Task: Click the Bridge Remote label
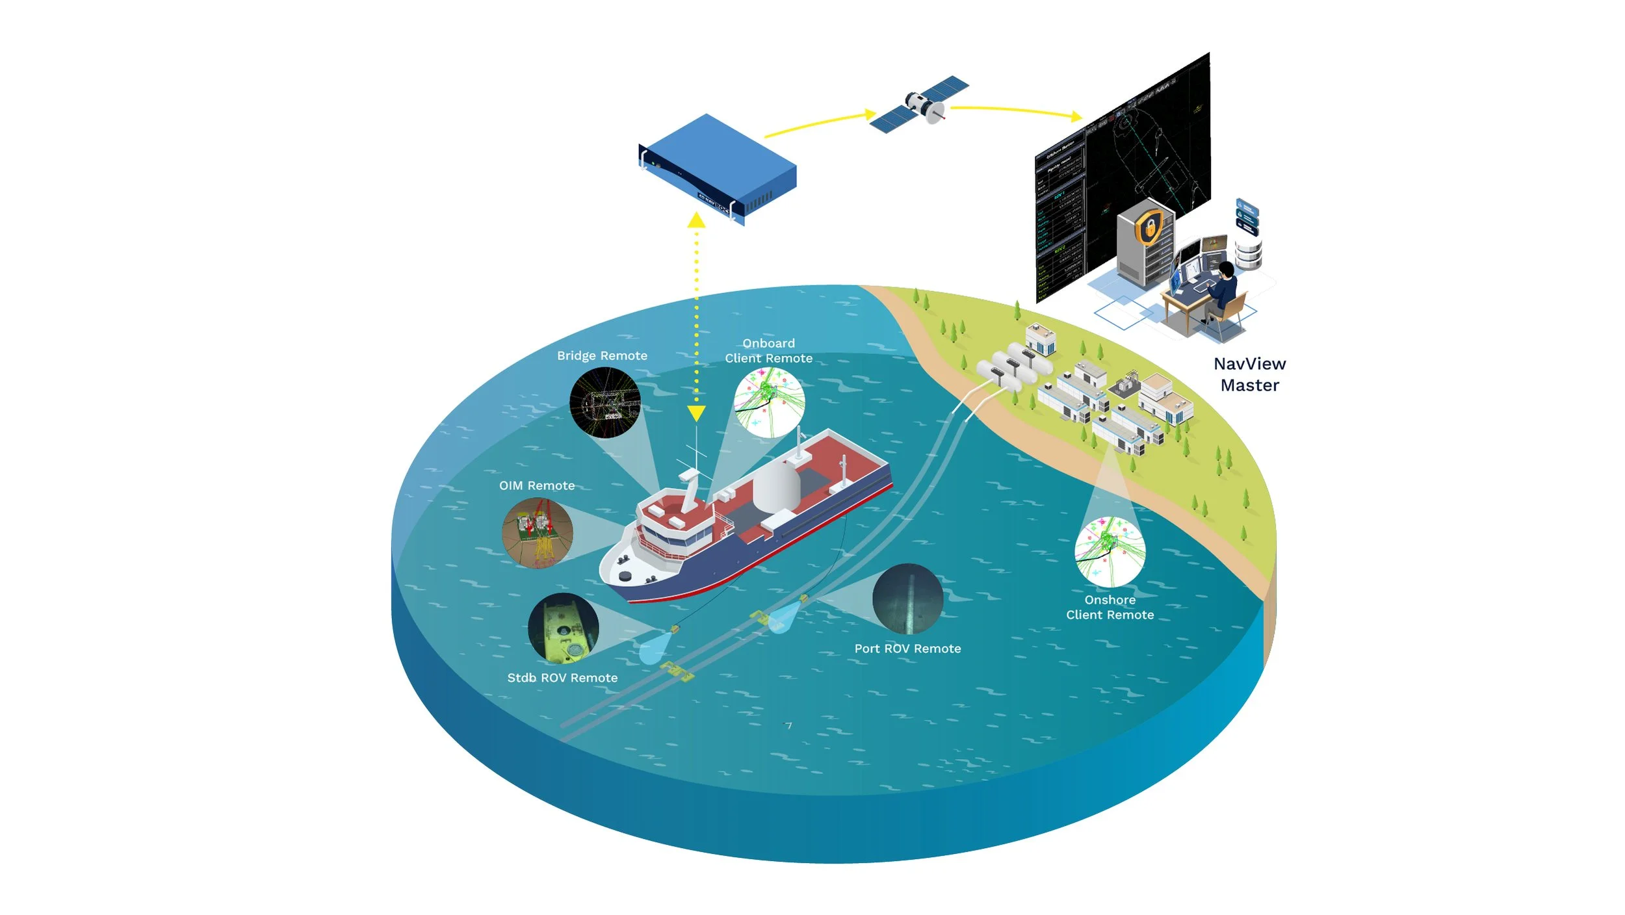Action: [602, 355]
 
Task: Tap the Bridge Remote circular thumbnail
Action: [604, 402]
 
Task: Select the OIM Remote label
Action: [537, 485]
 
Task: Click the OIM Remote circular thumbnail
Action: [538, 533]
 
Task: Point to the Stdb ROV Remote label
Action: [562, 678]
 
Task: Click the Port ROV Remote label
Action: [907, 649]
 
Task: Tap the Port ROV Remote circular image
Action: [907, 599]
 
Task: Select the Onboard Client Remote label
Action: [769, 351]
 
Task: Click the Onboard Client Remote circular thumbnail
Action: [769, 402]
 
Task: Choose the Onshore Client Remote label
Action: [1110, 607]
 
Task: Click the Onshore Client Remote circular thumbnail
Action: [1110, 551]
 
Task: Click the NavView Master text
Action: [1249, 374]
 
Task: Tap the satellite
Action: [919, 105]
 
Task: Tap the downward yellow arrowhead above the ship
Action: [696, 413]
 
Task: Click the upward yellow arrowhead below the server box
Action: [696, 221]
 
